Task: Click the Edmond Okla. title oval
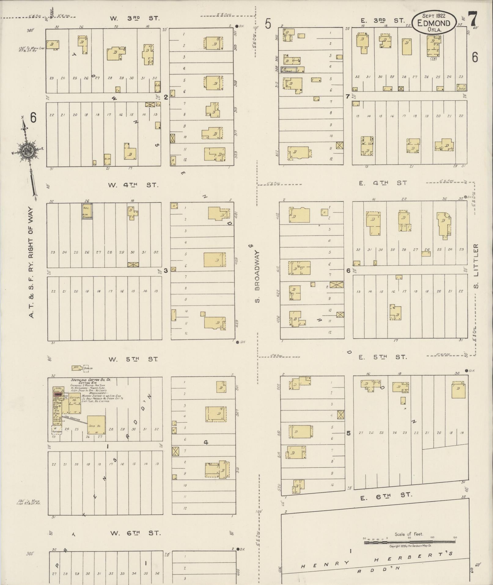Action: coord(434,23)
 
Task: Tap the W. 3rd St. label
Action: coord(135,18)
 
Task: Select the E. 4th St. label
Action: coord(384,183)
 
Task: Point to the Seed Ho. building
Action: coord(96,425)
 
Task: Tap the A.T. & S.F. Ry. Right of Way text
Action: coord(32,263)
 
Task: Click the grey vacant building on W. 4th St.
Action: coord(87,211)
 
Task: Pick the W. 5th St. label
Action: coord(133,359)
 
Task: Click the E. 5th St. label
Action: coord(384,357)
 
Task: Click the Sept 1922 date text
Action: coord(434,16)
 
